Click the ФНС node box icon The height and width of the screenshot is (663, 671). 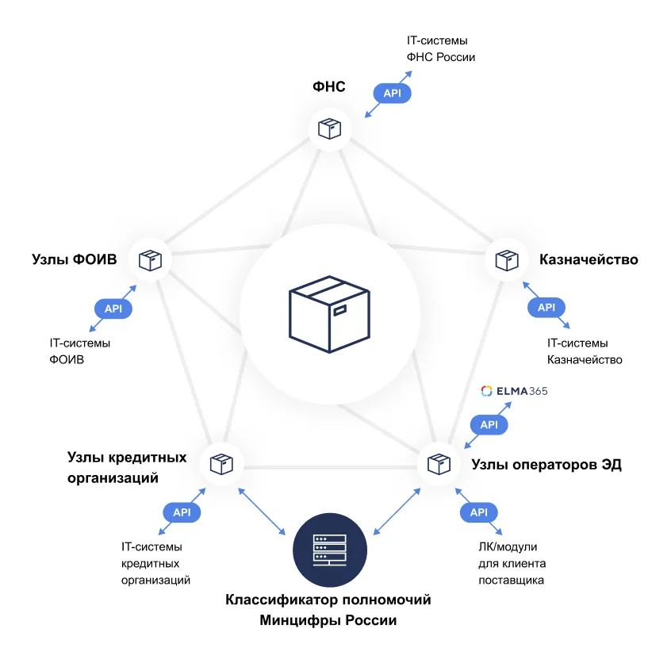(x=329, y=128)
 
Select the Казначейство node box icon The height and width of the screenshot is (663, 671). (x=506, y=259)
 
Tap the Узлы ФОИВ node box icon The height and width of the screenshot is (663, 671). (x=149, y=259)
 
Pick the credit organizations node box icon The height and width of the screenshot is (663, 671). (x=220, y=463)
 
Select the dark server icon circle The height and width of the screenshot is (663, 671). (x=329, y=547)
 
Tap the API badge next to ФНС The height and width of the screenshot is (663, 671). (x=392, y=94)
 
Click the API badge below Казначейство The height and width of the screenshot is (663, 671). (x=546, y=308)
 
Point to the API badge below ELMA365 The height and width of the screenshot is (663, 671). (x=489, y=425)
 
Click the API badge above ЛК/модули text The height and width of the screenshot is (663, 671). (x=478, y=512)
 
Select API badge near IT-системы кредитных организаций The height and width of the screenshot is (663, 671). (x=182, y=512)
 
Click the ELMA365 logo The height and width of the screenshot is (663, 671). (x=514, y=391)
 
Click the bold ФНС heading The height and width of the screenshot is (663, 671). (x=328, y=86)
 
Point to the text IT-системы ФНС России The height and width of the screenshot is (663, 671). (x=440, y=48)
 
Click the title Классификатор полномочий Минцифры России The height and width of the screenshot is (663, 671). (x=328, y=610)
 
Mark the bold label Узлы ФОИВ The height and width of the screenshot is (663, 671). (x=75, y=259)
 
